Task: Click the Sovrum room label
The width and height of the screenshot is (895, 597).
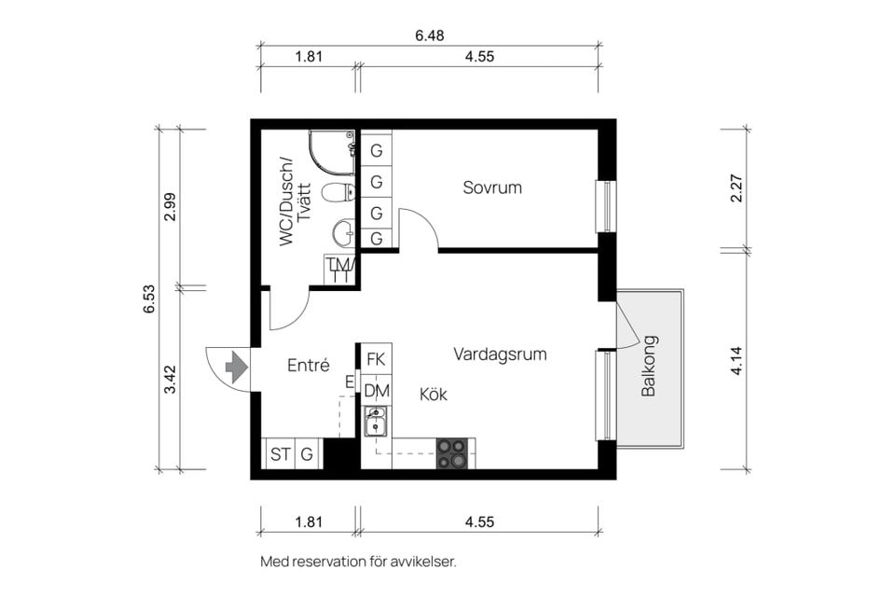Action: (492, 187)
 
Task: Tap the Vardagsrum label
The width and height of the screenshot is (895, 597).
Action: (500, 354)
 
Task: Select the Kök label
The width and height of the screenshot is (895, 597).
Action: (434, 395)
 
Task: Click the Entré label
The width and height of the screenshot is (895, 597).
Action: (308, 366)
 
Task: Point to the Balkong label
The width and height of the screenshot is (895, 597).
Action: (650, 366)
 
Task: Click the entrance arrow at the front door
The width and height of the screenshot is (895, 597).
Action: (237, 366)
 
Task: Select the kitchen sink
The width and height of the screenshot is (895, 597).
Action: (377, 426)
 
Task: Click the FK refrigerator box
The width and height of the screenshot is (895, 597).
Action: (377, 359)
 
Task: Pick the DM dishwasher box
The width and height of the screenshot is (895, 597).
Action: (377, 391)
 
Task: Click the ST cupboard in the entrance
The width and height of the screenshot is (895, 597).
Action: (280, 455)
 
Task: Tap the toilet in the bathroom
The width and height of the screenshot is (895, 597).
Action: (337, 194)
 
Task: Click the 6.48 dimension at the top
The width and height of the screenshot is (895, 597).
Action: (430, 35)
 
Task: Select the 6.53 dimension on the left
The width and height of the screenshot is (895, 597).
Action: (149, 298)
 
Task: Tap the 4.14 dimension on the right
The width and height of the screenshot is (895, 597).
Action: (737, 359)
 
